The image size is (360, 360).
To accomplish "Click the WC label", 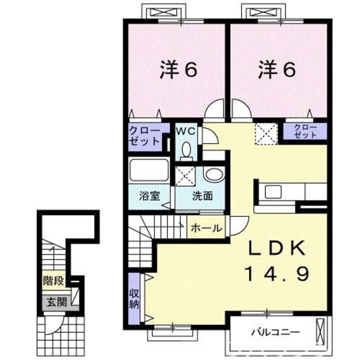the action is [186, 131].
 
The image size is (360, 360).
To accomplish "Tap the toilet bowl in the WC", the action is [186, 150].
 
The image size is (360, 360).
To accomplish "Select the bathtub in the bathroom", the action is [149, 170].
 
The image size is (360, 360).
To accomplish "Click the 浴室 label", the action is [149, 196].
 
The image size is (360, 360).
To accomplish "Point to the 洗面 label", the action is [203, 196].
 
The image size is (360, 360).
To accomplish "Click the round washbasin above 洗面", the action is [214, 175].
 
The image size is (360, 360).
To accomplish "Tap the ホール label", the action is [206, 228].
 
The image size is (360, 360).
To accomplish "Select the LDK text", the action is [277, 248].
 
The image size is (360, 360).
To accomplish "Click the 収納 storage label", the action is [134, 298].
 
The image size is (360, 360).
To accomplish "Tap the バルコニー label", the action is [276, 332].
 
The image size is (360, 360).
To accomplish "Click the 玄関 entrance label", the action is [57, 302].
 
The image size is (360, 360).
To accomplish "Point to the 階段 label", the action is [54, 280].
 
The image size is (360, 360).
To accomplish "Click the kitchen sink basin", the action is [273, 191].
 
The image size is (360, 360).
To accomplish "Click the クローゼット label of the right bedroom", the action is [306, 131].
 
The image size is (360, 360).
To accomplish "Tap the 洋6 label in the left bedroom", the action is [178, 70].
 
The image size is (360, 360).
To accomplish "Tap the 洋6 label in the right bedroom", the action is [277, 70].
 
